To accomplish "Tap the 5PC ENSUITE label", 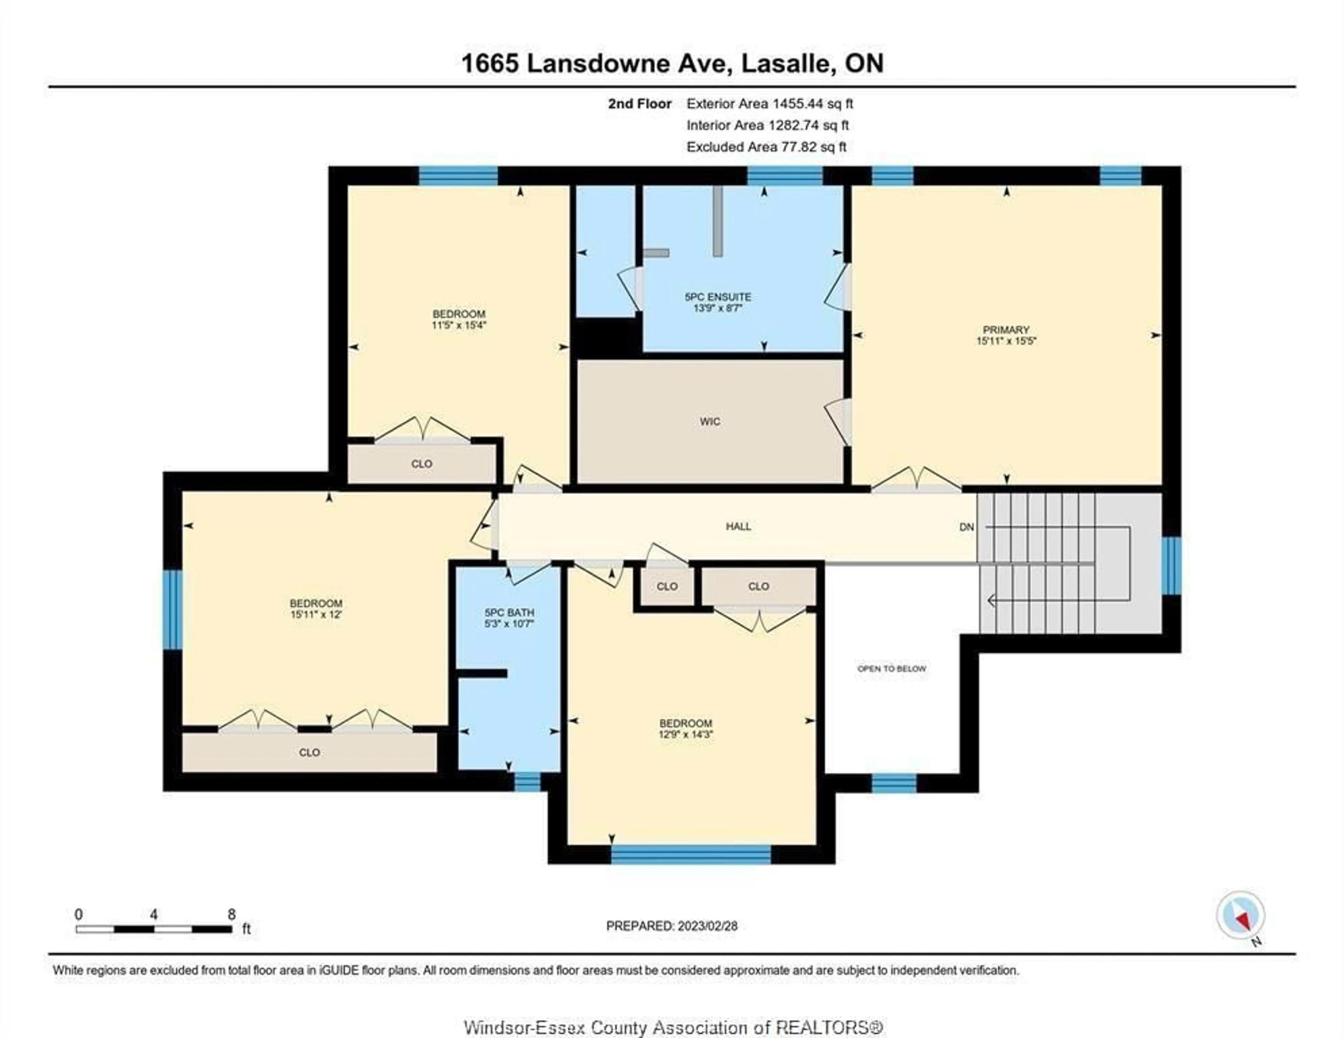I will pos(717,297).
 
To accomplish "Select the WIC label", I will pos(709,422).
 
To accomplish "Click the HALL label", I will pos(738,526).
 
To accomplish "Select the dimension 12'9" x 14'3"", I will pos(686,734).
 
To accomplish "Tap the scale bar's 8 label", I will pos(231,914).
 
